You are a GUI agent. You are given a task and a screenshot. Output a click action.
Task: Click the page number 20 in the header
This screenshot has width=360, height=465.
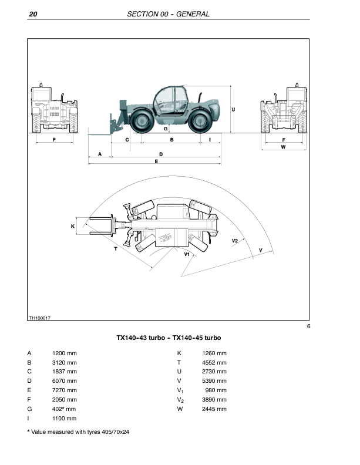[x=33, y=14]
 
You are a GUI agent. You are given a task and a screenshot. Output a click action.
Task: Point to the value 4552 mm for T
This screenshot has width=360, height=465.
[x=214, y=363]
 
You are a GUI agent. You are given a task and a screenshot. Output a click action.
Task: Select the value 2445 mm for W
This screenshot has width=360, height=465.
[x=214, y=408]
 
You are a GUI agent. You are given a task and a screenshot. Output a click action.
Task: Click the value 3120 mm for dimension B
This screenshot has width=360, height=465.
[x=65, y=363]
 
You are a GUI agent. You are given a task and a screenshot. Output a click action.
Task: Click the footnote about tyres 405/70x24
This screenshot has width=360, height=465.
[x=80, y=432]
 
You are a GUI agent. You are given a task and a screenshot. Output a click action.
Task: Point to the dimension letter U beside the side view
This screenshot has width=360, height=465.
[x=234, y=109]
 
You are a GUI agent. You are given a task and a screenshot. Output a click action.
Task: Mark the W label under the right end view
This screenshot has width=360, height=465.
[x=283, y=147]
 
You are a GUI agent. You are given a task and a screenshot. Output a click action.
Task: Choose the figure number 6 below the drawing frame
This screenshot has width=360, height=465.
[x=308, y=326]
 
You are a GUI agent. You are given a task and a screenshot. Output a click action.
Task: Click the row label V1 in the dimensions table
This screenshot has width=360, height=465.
[x=180, y=390]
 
